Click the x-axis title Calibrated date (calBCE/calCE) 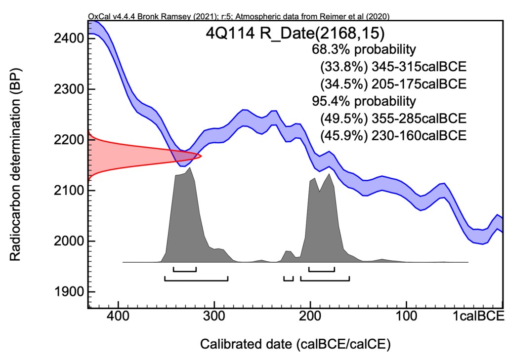(295, 344)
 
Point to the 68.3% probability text (363, 49)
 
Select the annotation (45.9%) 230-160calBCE (393, 134)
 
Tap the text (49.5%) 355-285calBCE (393, 118)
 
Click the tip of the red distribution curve (201, 156)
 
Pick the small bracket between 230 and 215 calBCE (289, 279)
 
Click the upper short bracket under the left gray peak (185, 270)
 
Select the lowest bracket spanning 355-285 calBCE (196, 279)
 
